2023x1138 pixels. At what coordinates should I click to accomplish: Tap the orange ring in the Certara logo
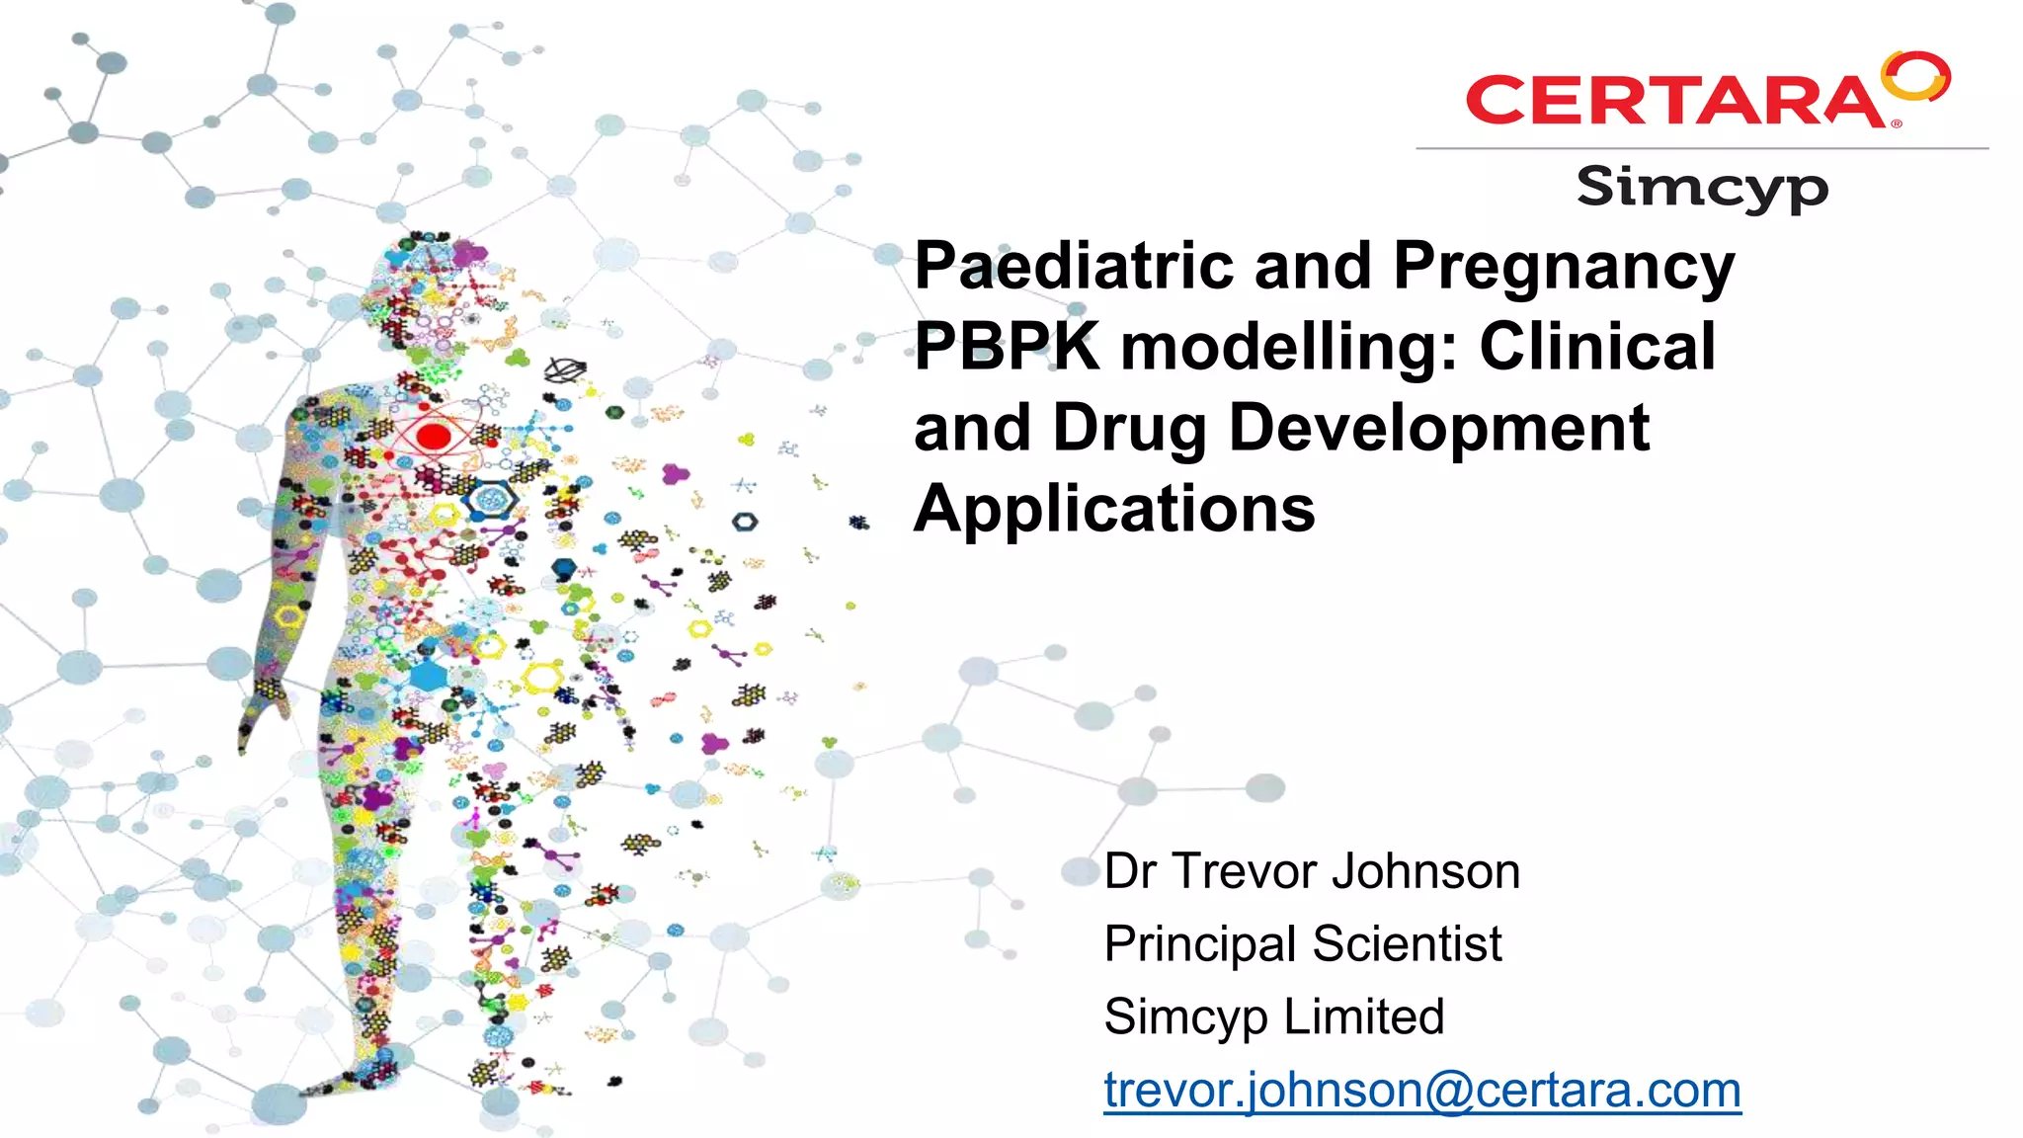coord(1916,76)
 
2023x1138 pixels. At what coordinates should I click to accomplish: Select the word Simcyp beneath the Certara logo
coord(1702,188)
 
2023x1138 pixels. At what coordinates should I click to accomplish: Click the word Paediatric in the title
coord(1074,266)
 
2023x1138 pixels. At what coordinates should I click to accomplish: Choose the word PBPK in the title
coord(1007,347)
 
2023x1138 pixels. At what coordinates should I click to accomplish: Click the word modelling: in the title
coord(1289,347)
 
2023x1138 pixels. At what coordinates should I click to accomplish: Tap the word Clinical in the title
coord(1597,347)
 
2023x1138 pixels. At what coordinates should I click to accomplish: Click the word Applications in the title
coord(1114,510)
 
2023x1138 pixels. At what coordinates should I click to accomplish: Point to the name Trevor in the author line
coord(1246,871)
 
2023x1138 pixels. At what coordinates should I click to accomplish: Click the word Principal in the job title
coord(1200,944)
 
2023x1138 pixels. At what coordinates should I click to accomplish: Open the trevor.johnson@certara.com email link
coord(1422,1091)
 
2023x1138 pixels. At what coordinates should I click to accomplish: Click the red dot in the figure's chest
coord(434,436)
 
